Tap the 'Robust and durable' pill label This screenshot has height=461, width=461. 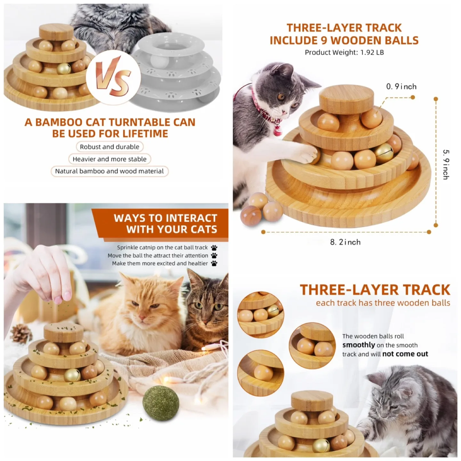[x=109, y=147]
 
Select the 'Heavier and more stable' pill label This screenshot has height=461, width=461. [x=109, y=159]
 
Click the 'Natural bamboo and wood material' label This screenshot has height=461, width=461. [x=109, y=171]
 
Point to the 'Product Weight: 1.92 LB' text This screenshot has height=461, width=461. [x=344, y=53]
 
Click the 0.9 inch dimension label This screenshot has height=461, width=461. [x=401, y=87]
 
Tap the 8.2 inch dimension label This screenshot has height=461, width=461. [x=345, y=242]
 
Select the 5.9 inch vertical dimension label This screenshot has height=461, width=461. [x=446, y=164]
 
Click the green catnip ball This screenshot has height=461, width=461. [x=161, y=403]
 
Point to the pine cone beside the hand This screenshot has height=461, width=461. [x=21, y=333]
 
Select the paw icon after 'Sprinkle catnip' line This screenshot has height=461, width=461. [x=214, y=248]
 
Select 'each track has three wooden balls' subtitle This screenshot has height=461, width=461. [x=383, y=303]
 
